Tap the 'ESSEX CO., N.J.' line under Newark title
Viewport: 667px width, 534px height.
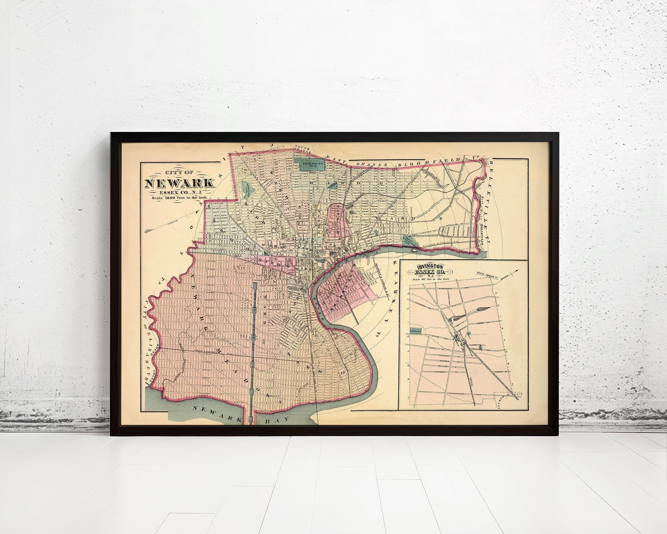point(179,192)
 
